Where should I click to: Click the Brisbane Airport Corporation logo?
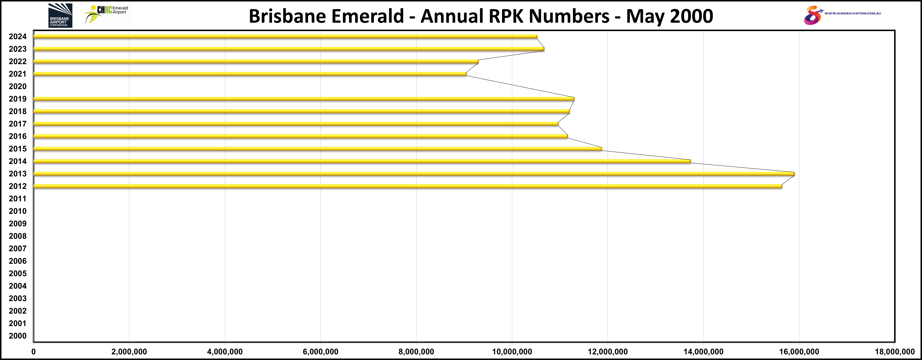click(x=60, y=15)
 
